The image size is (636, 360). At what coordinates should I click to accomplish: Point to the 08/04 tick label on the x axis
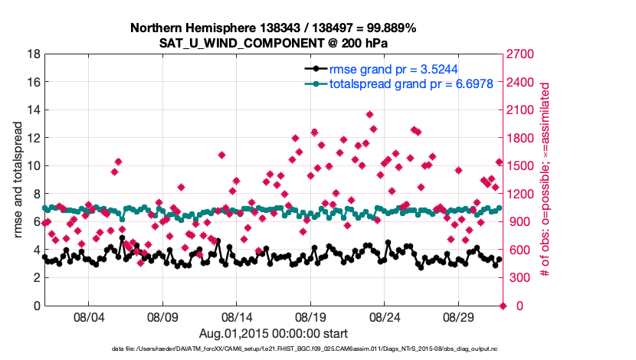pos(88,316)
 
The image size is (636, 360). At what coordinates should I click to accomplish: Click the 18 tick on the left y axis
pos(34,54)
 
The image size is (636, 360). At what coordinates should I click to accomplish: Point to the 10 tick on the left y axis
pos(34,166)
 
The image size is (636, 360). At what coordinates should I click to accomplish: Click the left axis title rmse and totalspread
pos(17,180)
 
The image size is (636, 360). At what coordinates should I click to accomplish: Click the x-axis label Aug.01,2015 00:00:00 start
pos(273,333)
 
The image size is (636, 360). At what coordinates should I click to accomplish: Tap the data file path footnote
pos(273,349)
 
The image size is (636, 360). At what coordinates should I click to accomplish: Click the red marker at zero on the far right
pos(503,306)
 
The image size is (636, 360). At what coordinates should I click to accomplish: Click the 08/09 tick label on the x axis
pos(162,316)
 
